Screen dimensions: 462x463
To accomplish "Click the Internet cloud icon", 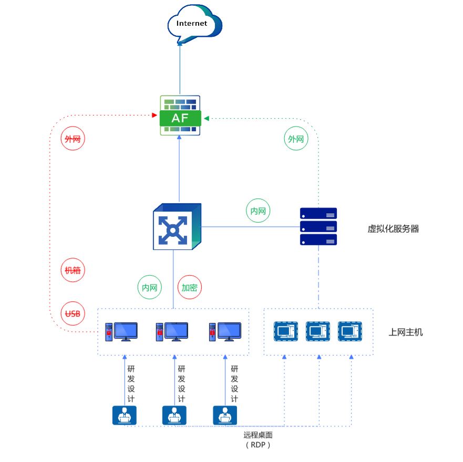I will [193, 24].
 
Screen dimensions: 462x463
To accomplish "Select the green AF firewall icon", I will [180, 115].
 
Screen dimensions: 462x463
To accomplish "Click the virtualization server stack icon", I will [318, 227].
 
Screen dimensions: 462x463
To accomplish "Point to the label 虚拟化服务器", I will [393, 229].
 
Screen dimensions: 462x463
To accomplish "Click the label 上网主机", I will [405, 332].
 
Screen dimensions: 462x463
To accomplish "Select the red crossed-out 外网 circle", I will [73, 139].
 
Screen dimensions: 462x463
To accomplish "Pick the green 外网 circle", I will [296, 139].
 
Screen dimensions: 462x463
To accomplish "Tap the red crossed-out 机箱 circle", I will [73, 270].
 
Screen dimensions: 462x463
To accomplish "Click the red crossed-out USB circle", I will [73, 314].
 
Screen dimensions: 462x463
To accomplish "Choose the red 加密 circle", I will [190, 288].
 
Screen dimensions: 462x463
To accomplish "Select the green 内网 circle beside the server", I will [258, 211].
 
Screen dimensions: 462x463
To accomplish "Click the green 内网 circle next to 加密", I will [150, 288].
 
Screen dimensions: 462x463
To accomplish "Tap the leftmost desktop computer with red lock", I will [121, 332].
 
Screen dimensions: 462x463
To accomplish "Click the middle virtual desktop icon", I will [318, 332].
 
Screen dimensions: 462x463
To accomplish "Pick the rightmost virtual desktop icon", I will [350, 332].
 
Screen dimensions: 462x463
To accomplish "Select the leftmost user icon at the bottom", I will [125, 415].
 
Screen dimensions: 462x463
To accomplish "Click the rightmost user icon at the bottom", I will [225, 415].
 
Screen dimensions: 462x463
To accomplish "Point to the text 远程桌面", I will [258, 435].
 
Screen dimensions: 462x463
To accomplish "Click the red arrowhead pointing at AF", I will [155, 115].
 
